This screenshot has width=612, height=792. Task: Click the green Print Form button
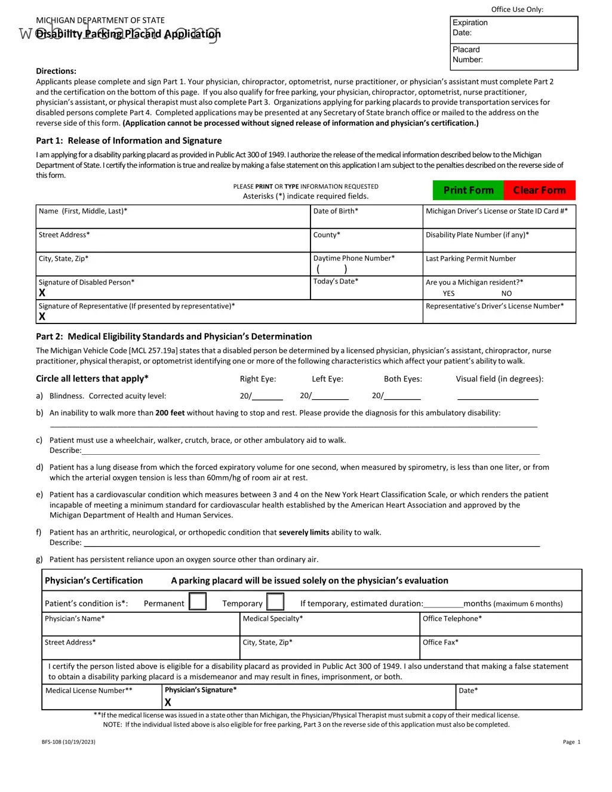pyautogui.click(x=468, y=190)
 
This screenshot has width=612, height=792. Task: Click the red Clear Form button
pyautogui.click(x=539, y=190)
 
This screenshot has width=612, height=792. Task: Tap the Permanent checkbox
pyautogui.click(x=198, y=602)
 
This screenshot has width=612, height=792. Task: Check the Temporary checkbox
pyautogui.click(x=275, y=602)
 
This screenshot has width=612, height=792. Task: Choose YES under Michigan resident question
pyautogui.click(x=448, y=294)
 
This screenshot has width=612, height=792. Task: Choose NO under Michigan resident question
pyautogui.click(x=506, y=294)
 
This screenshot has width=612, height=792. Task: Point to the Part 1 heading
pyautogui.click(x=128, y=141)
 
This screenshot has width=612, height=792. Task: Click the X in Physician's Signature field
pyautogui.click(x=168, y=702)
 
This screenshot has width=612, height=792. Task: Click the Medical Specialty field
pyautogui.click(x=330, y=625)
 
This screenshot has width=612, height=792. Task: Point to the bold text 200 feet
pyautogui.click(x=170, y=413)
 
